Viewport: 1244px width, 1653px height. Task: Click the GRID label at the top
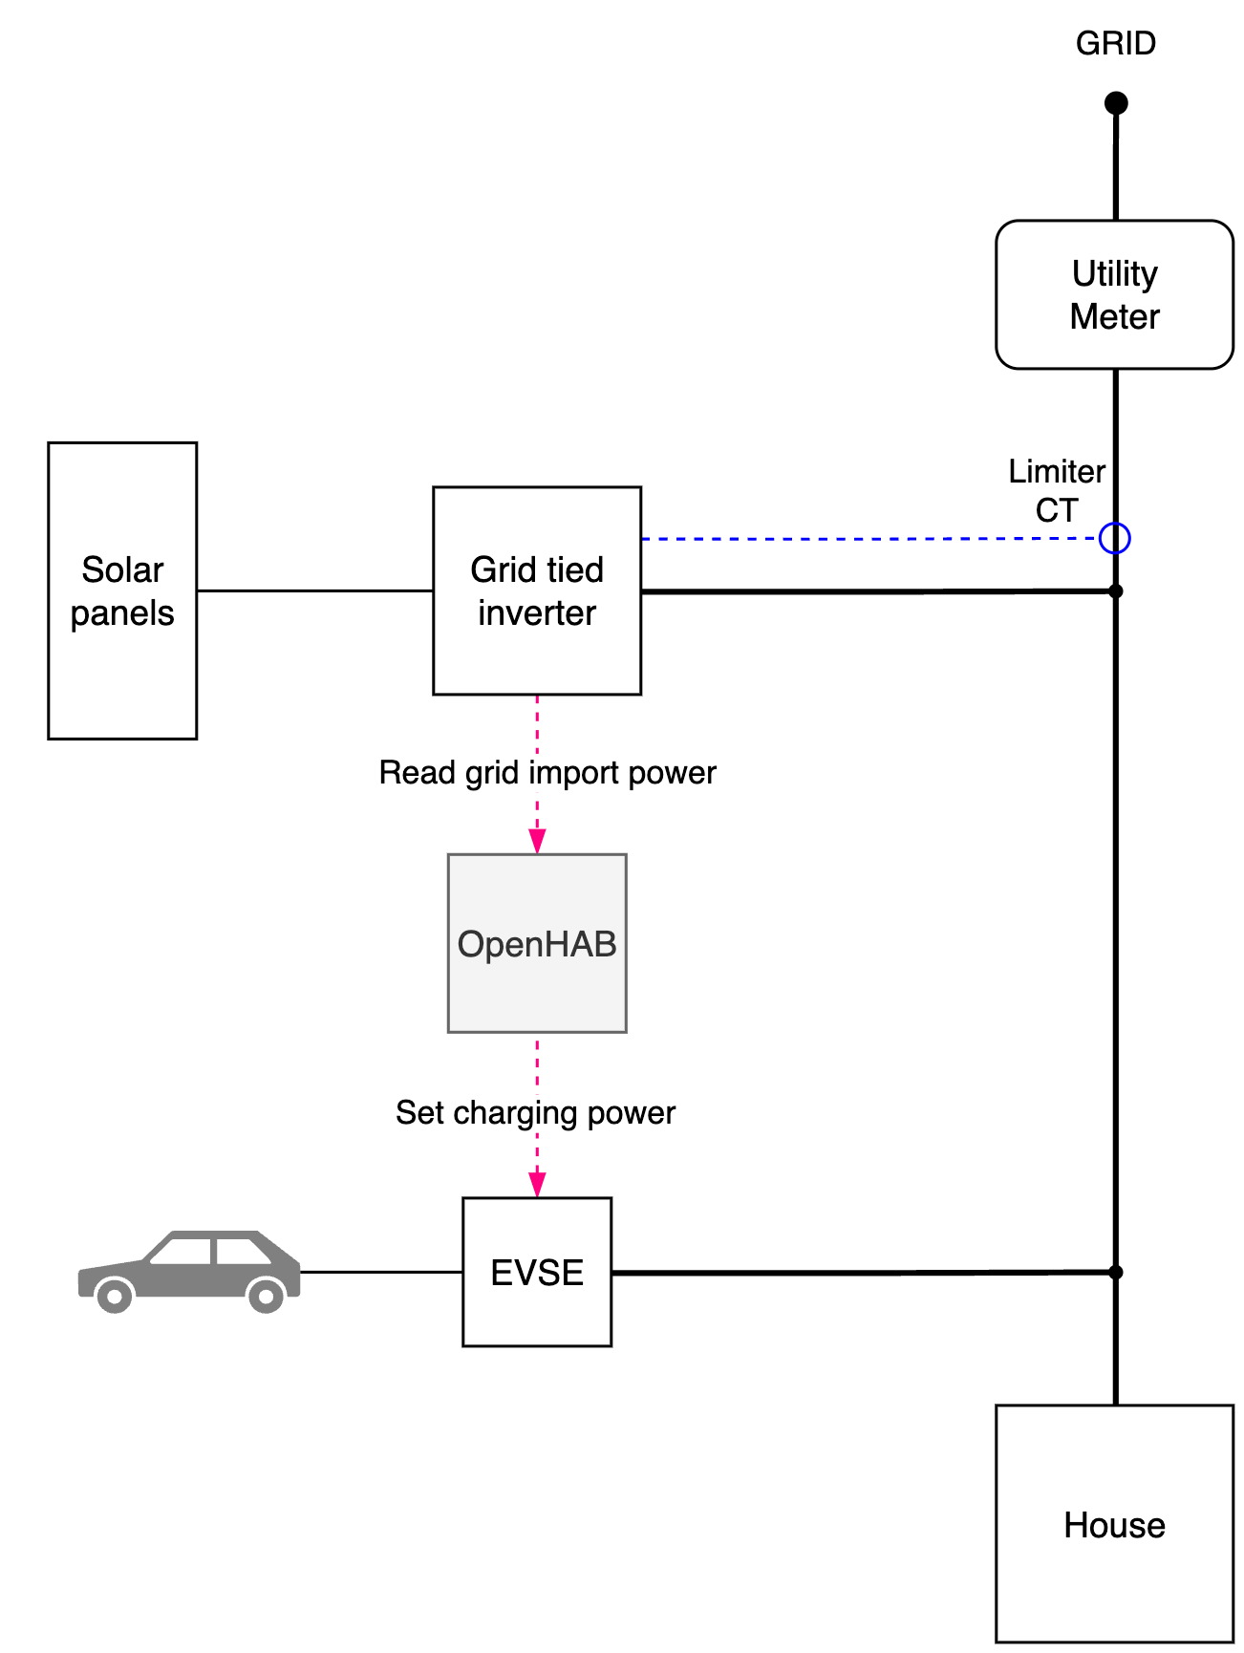point(1115,43)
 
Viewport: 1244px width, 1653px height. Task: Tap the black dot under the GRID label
point(1115,102)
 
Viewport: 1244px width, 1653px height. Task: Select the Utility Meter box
point(1114,294)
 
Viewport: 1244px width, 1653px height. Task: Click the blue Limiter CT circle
point(1115,539)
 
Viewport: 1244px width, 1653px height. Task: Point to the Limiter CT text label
point(1057,490)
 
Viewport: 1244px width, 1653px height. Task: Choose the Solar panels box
point(122,590)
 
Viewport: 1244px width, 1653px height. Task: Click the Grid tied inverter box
point(537,590)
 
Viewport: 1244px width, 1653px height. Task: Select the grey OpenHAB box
point(537,943)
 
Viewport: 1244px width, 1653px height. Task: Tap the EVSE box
point(537,1272)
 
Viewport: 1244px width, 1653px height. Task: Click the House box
point(1114,1524)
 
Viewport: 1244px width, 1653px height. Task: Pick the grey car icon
point(189,1269)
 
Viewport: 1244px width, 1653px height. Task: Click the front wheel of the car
point(115,1296)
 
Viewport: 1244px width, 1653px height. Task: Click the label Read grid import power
point(547,772)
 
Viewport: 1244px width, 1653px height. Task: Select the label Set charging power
point(535,1112)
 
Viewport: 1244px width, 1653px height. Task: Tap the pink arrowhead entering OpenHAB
point(537,841)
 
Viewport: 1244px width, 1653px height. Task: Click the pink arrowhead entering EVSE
point(537,1185)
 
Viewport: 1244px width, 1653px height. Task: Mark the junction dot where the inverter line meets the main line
point(1115,591)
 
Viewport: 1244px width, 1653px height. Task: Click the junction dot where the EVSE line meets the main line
point(1115,1272)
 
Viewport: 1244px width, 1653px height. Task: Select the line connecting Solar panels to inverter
point(315,590)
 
